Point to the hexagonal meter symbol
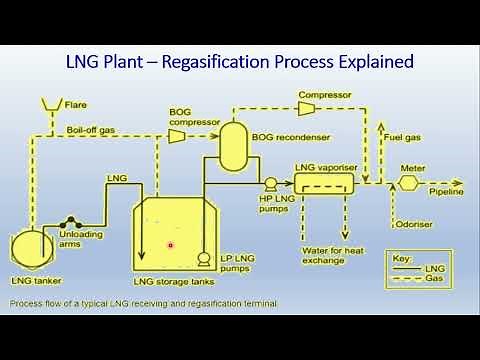tap(408, 184)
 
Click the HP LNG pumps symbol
tap(270, 183)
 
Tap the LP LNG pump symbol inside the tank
tap(203, 259)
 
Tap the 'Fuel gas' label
tap(403, 139)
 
